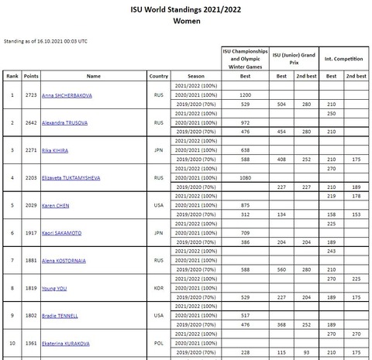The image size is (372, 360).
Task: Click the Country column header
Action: [158, 76]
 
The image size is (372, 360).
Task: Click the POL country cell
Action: [158, 343]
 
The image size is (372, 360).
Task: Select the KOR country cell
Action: [158, 287]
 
